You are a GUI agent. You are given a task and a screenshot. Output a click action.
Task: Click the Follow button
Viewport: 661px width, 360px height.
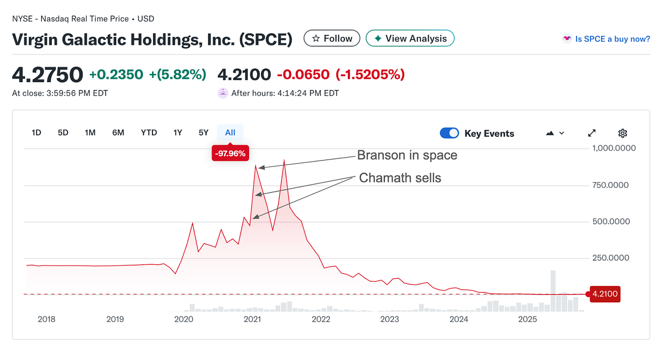[x=332, y=39]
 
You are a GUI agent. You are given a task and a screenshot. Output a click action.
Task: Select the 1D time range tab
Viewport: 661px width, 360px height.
[x=36, y=133]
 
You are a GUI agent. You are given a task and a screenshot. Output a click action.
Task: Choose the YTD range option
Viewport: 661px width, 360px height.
[x=148, y=133]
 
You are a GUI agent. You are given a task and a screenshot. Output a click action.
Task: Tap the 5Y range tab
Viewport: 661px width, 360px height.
[x=203, y=133]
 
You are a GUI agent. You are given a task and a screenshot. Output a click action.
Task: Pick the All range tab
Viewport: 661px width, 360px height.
[x=230, y=133]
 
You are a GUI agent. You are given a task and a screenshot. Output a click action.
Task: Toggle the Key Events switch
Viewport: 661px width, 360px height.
[x=449, y=133]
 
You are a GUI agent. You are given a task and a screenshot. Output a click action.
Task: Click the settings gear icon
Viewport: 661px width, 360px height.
[x=622, y=133]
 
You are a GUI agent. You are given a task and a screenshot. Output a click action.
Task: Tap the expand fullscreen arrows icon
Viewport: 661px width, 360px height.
[x=592, y=133]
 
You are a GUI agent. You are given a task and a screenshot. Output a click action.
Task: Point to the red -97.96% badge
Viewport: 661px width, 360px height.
[x=230, y=153]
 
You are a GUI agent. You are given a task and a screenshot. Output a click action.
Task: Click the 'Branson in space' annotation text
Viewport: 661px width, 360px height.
[x=407, y=155]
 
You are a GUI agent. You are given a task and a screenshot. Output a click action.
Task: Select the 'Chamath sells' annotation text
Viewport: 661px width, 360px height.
[x=400, y=178]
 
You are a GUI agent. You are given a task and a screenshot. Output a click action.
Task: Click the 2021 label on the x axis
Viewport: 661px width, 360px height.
[x=252, y=319]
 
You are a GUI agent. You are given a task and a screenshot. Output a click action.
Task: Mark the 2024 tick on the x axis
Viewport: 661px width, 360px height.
[x=459, y=319]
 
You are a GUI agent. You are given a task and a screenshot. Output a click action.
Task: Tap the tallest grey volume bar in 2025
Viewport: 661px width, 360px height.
[x=553, y=291]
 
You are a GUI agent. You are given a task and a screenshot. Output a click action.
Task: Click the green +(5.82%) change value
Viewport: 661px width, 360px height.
[x=178, y=74]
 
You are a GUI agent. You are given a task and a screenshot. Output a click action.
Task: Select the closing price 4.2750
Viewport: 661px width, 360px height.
[x=48, y=74]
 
